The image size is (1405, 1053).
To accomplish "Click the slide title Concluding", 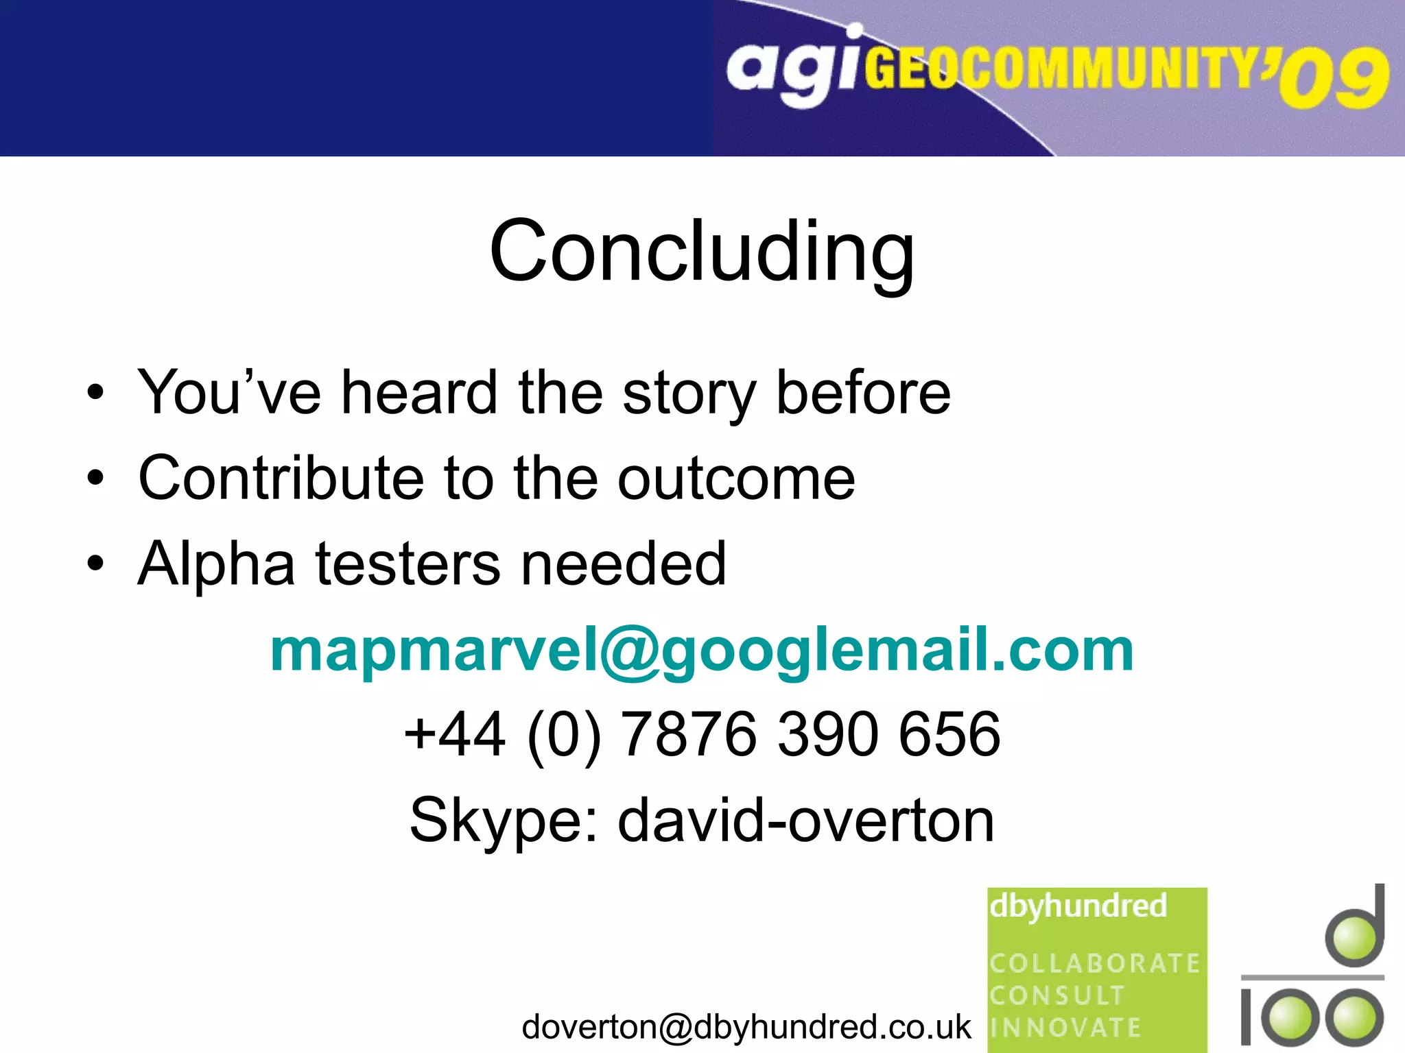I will (702, 252).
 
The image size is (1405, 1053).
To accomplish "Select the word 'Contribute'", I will (281, 478).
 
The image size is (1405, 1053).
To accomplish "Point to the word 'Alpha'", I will (216, 564).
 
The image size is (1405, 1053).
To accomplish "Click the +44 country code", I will (455, 734).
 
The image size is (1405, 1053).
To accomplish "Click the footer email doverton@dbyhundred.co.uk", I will (746, 1027).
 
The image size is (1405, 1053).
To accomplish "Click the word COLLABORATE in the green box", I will (1094, 963).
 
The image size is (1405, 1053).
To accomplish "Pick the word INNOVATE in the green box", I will (1065, 1028).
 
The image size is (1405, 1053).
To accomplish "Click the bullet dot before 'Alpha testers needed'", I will (96, 564).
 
